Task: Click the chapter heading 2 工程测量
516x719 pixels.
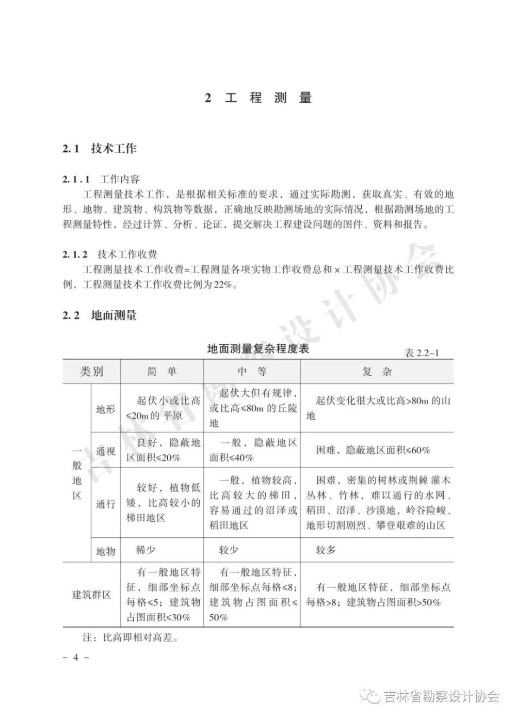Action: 258,98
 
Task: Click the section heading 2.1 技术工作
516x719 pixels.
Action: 99,149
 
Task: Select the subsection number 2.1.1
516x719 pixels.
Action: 76,180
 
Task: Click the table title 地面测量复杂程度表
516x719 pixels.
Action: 257,349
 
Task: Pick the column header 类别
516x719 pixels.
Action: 91,371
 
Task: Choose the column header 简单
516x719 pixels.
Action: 162,372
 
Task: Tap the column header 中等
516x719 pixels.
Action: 252,372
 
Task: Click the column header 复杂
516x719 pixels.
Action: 377,372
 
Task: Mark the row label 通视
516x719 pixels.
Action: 106,451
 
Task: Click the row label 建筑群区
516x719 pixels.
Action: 91,595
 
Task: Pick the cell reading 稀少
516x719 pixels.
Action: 146,550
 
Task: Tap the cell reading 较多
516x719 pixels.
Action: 326,550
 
